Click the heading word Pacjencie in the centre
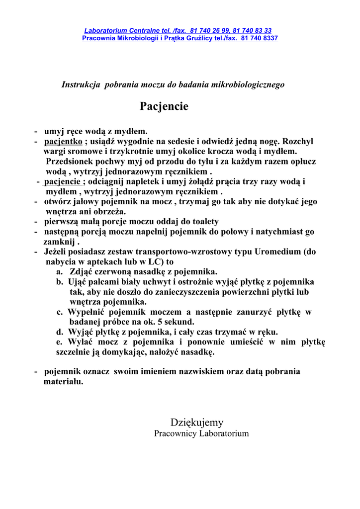pos(164,106)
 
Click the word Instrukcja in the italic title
pos(81,85)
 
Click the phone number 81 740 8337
pos(259,38)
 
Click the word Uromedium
pos(278,252)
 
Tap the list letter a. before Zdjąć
pos(60,272)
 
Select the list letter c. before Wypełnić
pos(60,312)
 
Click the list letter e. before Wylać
pos(60,342)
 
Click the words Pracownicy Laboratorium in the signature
pos(201,433)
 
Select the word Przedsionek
pos(70,161)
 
